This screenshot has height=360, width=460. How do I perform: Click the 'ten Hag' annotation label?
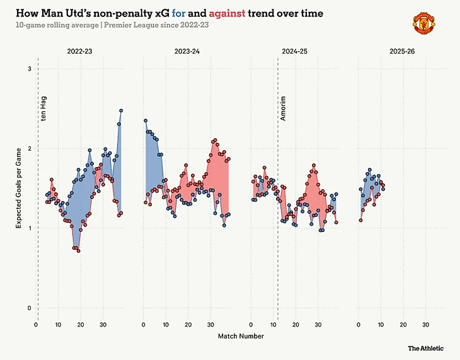(43, 108)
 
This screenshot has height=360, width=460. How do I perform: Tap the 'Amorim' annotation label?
(283, 108)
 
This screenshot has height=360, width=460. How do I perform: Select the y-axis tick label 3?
(29, 68)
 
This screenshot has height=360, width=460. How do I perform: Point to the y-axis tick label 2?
(29, 148)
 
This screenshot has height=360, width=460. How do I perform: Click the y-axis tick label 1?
(29, 228)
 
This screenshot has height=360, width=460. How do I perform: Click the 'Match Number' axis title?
(241, 336)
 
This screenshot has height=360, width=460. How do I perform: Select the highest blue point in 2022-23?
(121, 111)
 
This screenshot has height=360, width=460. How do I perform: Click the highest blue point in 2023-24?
(146, 120)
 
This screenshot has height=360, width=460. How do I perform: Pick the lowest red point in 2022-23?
(78, 251)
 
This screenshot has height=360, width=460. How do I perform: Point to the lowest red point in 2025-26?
(360, 220)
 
